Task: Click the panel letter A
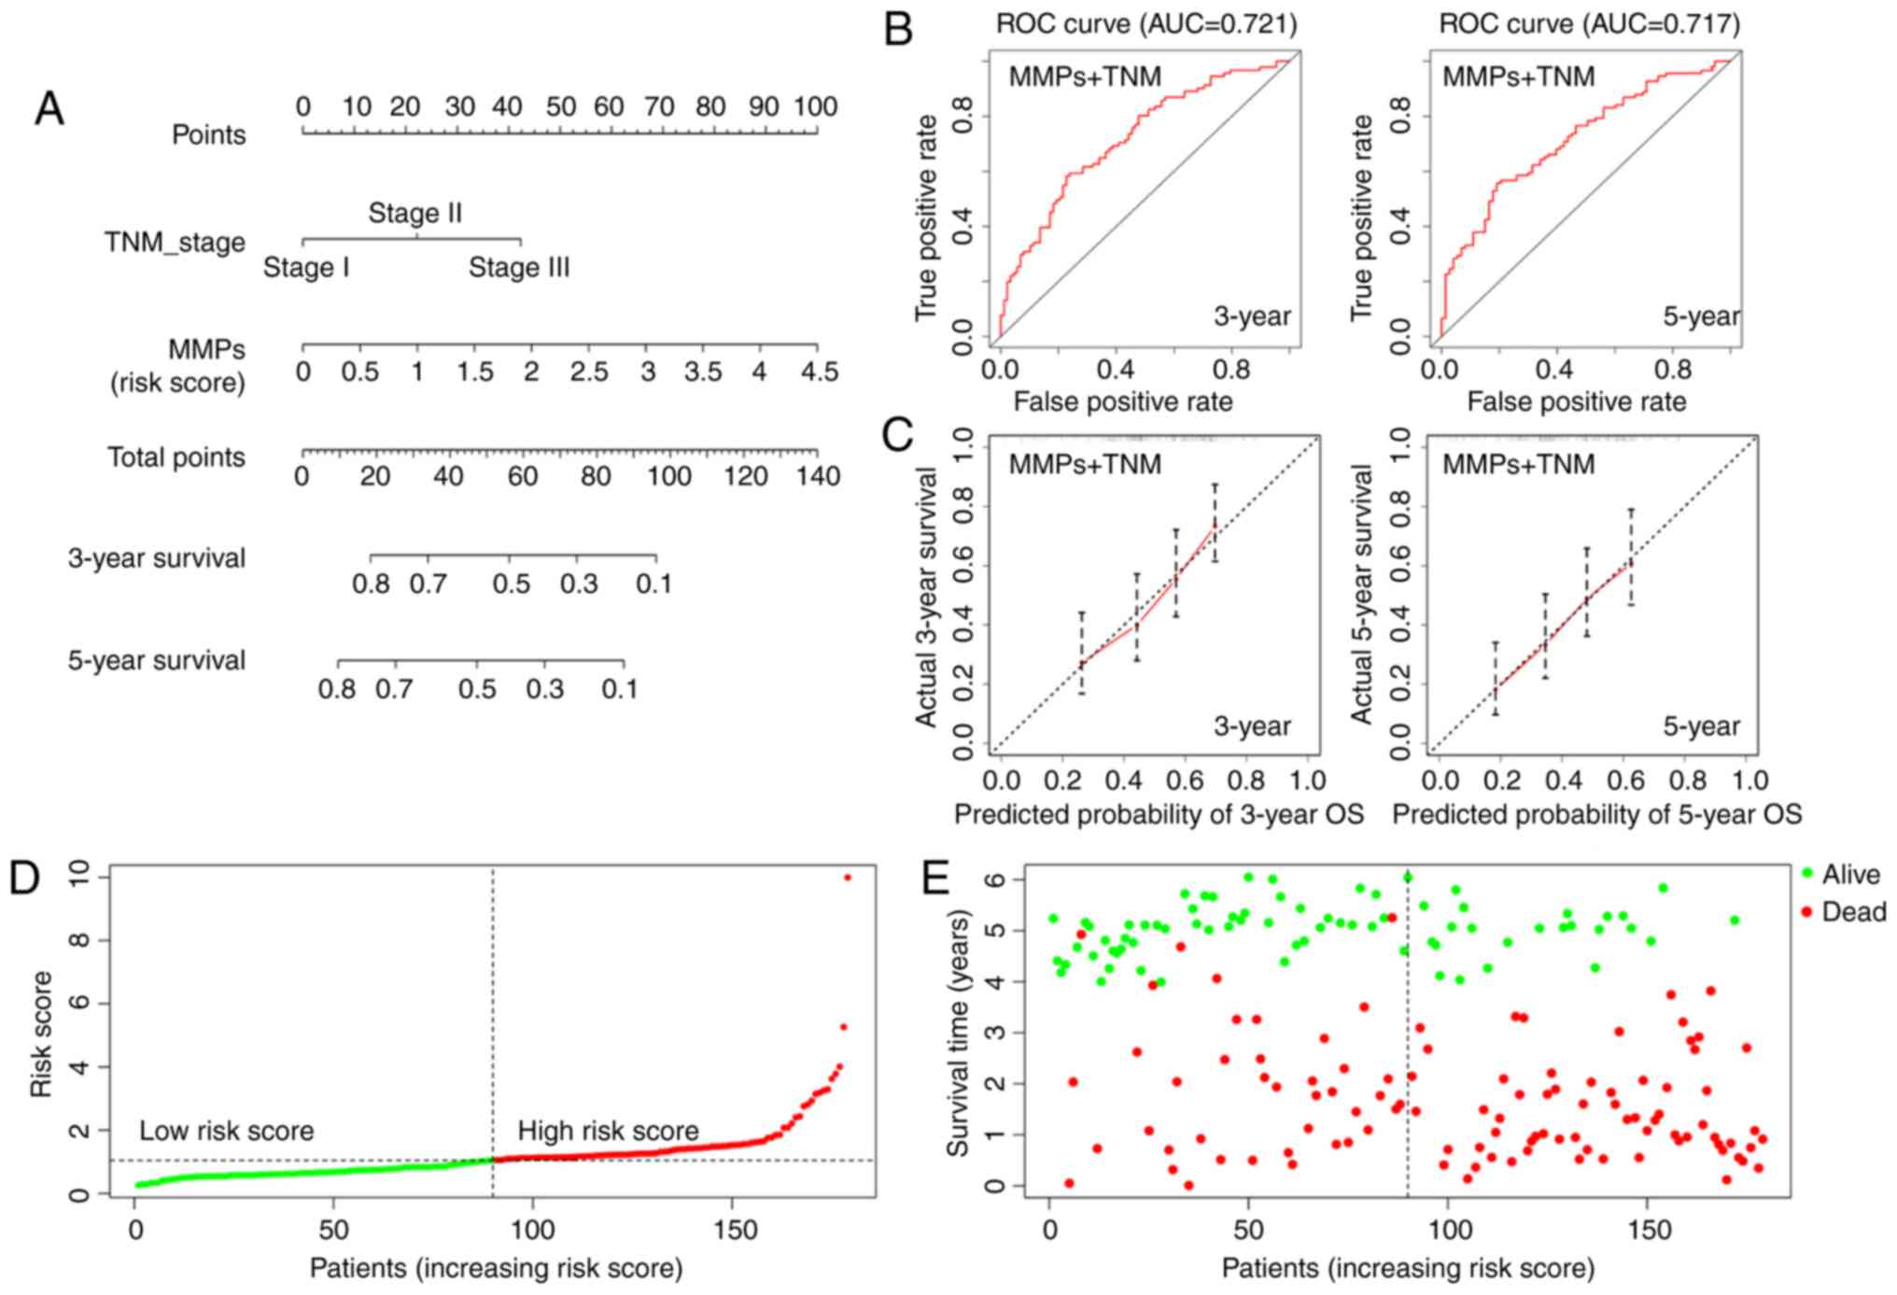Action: coord(49,109)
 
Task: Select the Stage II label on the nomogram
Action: coord(415,213)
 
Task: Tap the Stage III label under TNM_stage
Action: coord(519,268)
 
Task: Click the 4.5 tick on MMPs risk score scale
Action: coord(819,372)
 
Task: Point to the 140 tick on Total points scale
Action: coord(819,476)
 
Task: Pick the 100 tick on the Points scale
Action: coord(816,106)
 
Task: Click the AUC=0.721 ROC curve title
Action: coord(1146,22)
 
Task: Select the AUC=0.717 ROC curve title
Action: coord(1589,22)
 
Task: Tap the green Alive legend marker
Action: coord(1806,873)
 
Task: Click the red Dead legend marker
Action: coord(1806,910)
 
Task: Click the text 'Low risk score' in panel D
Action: coord(227,1131)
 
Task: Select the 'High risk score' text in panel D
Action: coord(608,1131)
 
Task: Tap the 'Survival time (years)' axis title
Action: coord(959,1032)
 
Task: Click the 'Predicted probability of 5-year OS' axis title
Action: coord(1596,814)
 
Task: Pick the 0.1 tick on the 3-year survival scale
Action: coord(653,584)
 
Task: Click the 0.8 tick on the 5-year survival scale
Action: coord(337,689)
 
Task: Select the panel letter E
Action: coord(934,879)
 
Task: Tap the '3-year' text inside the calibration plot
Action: coord(1252,725)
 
